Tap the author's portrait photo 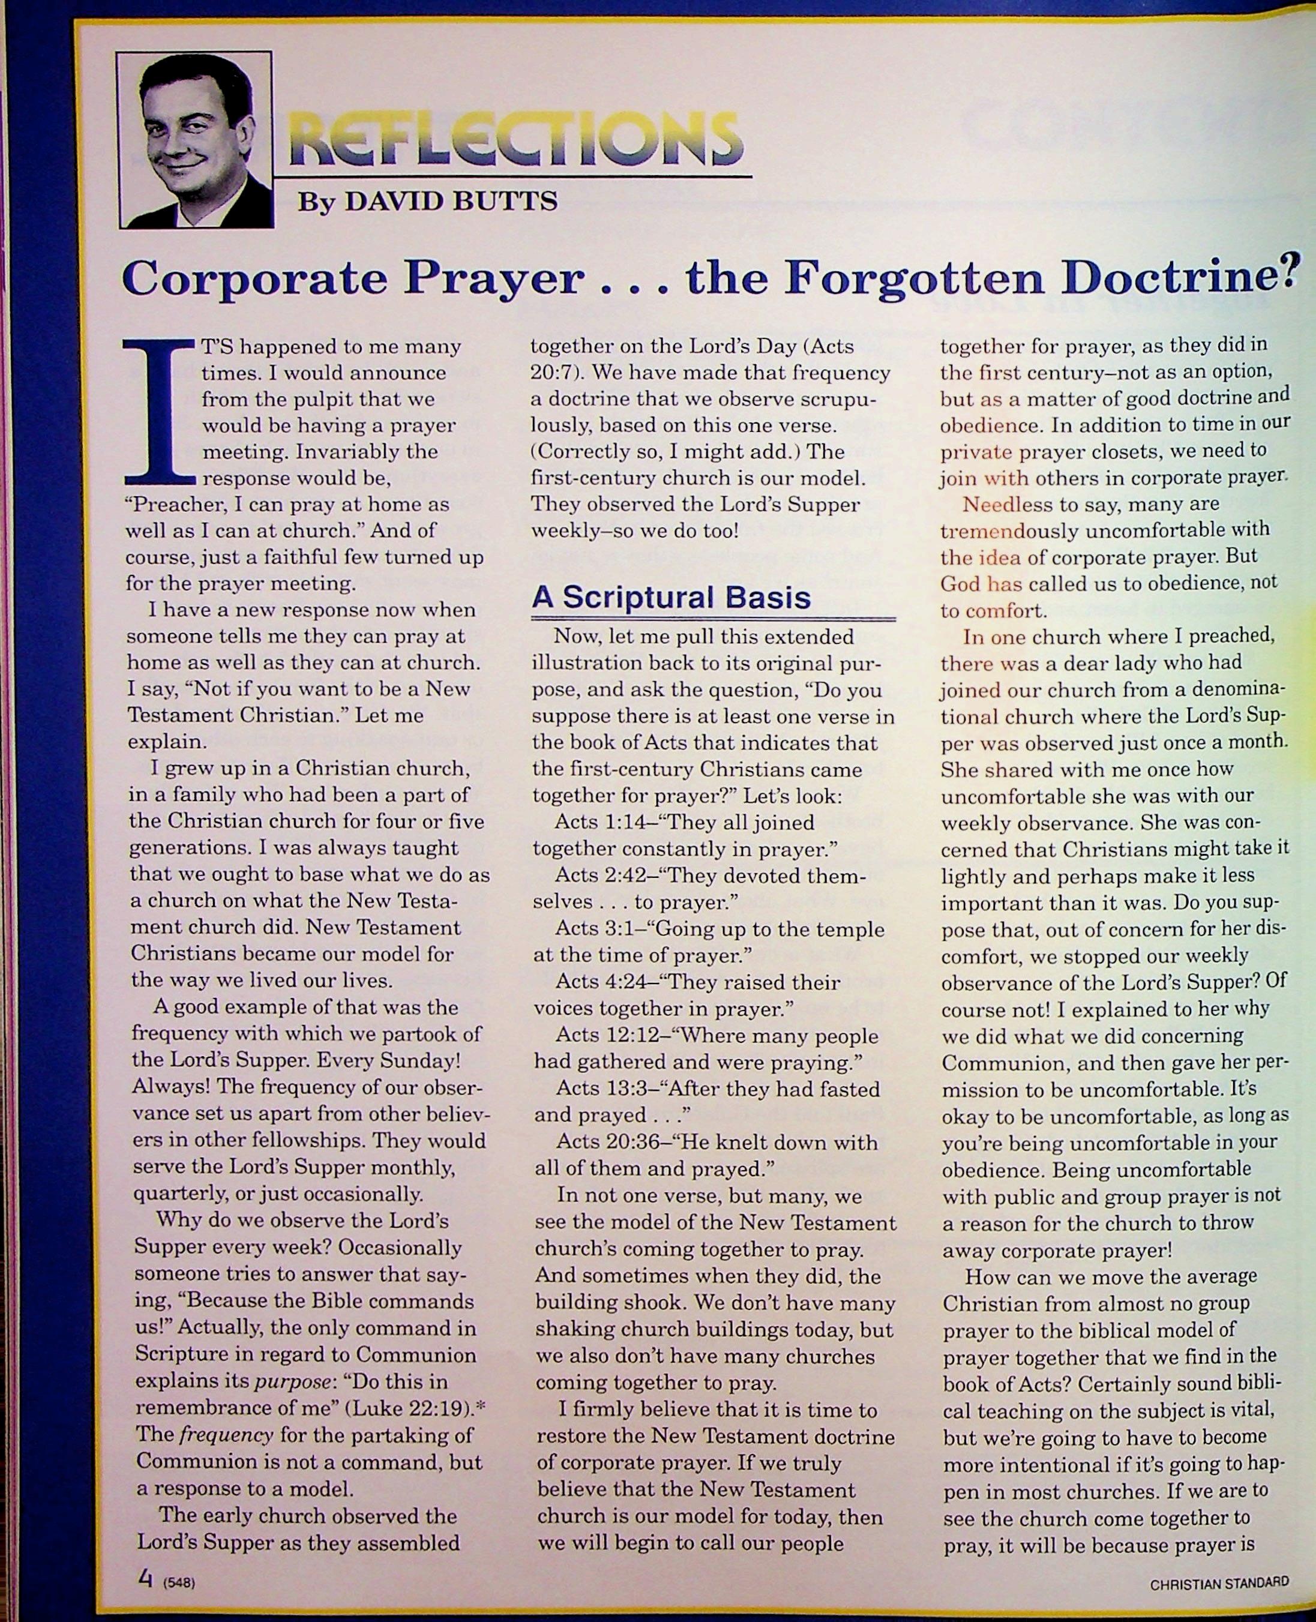pyautogui.click(x=195, y=140)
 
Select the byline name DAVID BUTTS pyautogui.click(x=452, y=202)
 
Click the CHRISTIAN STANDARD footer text pyautogui.click(x=1219, y=1582)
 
